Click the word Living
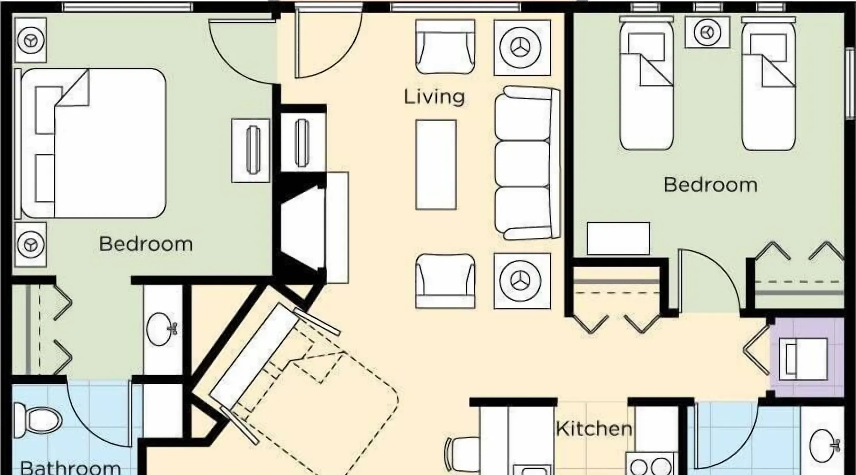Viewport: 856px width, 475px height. pyautogui.click(x=434, y=97)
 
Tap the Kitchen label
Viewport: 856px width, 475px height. pyautogui.click(x=594, y=429)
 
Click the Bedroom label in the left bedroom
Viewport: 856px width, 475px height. pyautogui.click(x=146, y=244)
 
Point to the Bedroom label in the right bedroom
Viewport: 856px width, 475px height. pyautogui.click(x=710, y=185)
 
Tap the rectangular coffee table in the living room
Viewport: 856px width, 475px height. pyautogui.click(x=436, y=164)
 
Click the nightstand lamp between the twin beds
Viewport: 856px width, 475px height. pyautogui.click(x=708, y=32)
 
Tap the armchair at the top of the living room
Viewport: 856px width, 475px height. pyautogui.click(x=445, y=47)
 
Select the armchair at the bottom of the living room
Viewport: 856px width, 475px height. pyautogui.click(x=445, y=281)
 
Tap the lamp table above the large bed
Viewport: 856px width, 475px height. pyautogui.click(x=30, y=40)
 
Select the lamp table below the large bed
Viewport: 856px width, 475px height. pyautogui.click(x=30, y=245)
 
